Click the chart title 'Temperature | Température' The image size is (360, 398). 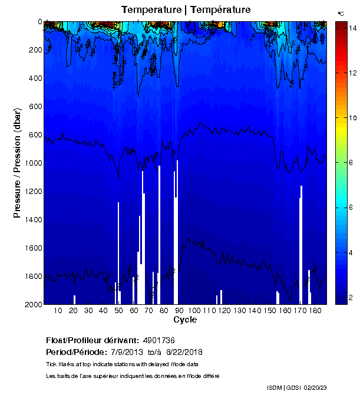pyautogui.click(x=186, y=10)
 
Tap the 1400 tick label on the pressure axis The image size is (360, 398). pyautogui.click(x=34, y=219)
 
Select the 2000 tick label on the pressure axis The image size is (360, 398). pyautogui.click(x=34, y=304)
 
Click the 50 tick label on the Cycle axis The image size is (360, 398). pyautogui.click(x=118, y=310)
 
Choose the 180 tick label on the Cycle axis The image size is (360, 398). pyautogui.click(x=315, y=310)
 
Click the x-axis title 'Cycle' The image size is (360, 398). pyautogui.click(x=185, y=320)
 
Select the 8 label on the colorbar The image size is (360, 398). pyautogui.click(x=351, y=163)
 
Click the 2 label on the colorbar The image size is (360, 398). pyautogui.click(x=351, y=298)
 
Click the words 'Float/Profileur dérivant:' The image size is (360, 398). pyautogui.click(x=92, y=341)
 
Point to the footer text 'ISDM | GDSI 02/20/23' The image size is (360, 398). pyautogui.click(x=296, y=387)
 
